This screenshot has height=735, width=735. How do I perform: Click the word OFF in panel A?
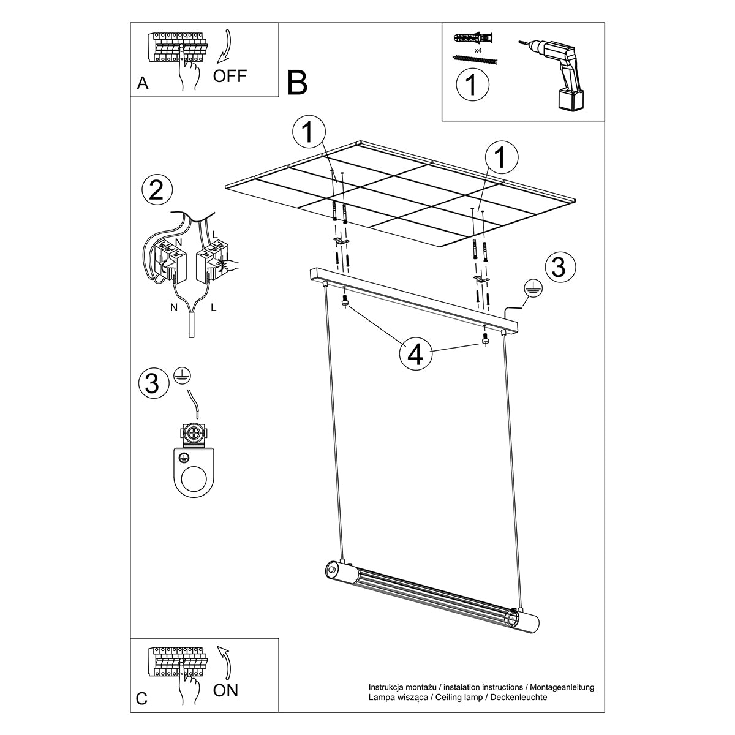[x=230, y=76]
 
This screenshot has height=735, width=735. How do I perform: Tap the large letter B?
[x=297, y=83]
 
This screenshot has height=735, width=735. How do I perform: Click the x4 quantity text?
[x=478, y=50]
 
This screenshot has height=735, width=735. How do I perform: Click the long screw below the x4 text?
[x=475, y=60]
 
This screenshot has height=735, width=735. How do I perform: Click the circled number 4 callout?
[x=415, y=355]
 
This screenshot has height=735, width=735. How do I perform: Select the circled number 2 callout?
[x=157, y=190]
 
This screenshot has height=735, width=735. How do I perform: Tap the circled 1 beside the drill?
[x=472, y=85]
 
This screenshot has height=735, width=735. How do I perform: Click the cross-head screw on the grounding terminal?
[x=194, y=433]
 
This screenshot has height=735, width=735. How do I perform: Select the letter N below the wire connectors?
[x=174, y=307]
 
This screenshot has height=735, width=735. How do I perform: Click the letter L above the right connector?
[x=214, y=235]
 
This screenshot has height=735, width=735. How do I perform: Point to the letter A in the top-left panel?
[x=143, y=83]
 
